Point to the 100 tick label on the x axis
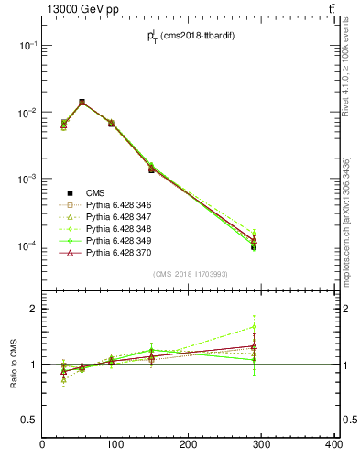[x=115, y=445]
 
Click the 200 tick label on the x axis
[x=189, y=445]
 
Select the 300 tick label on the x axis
[x=261, y=445]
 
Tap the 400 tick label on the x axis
[x=333, y=445]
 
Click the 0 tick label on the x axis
[x=43, y=445]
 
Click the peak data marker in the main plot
[x=82, y=103]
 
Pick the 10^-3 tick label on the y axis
[x=26, y=179]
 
